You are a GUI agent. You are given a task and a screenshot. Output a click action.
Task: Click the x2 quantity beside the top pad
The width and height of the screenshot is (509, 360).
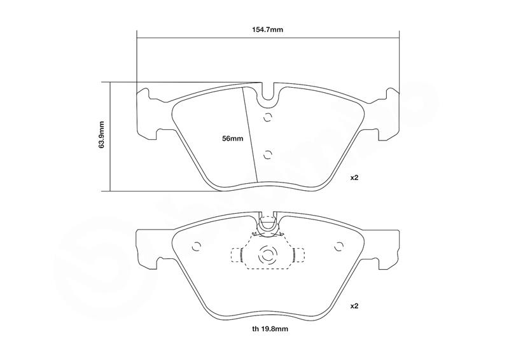click(355, 177)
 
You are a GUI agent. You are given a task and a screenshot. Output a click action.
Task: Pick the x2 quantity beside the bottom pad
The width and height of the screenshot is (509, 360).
click(355, 306)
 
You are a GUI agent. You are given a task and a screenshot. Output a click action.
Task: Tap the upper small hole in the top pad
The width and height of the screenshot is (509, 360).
click(268, 116)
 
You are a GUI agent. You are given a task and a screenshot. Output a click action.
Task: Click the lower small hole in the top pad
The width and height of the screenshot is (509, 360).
click(268, 154)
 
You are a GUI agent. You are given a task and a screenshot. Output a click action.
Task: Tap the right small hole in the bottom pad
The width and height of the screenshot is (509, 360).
click(338, 246)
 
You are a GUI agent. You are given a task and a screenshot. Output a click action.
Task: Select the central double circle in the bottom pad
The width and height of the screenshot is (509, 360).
click(268, 256)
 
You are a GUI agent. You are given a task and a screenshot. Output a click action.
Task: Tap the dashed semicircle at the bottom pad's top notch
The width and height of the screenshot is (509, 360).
click(268, 225)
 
